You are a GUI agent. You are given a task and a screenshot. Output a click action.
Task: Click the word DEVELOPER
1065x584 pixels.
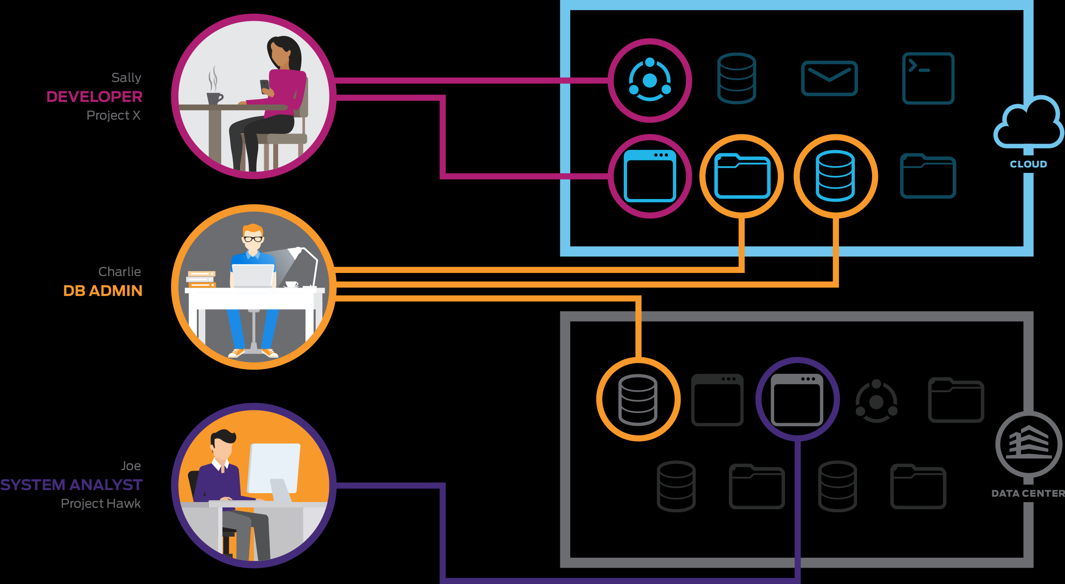tap(94, 97)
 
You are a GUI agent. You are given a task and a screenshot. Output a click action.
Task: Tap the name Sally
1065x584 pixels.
tap(126, 78)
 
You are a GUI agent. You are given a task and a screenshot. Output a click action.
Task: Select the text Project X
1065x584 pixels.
tap(113, 115)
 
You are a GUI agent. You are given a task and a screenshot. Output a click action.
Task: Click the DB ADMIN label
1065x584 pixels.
tap(102, 291)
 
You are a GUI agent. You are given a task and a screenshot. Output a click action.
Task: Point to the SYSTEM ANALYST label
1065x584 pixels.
tap(71, 485)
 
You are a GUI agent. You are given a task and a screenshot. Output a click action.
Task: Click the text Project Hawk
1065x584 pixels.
tap(101, 503)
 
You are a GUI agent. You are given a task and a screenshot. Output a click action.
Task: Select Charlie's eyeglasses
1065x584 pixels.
tap(253, 239)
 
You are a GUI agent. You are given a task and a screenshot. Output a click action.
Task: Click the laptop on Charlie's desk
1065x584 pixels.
tap(253, 276)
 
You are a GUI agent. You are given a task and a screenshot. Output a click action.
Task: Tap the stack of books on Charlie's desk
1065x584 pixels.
tap(201, 279)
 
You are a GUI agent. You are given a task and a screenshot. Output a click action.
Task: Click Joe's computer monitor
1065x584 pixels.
tap(274, 468)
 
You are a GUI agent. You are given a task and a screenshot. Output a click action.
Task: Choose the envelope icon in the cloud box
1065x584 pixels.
tap(829, 78)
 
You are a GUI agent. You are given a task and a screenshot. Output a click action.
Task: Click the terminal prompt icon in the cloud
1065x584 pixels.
tap(928, 78)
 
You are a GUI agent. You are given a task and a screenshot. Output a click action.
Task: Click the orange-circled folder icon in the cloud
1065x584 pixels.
tap(742, 176)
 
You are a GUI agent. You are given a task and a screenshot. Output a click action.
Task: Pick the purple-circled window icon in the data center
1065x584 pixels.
tap(797, 400)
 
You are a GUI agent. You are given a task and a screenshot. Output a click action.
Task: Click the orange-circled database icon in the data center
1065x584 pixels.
tap(638, 400)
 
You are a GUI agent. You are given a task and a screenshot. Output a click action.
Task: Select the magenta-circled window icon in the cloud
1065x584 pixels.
tap(650, 176)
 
